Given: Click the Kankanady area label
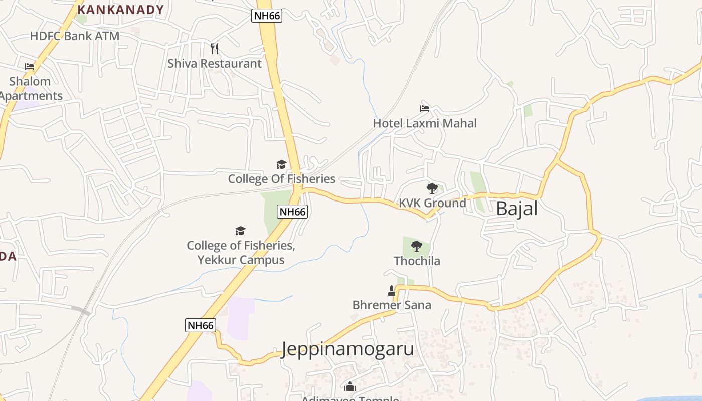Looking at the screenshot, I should (x=121, y=10).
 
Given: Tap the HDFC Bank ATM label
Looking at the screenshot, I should (x=75, y=36).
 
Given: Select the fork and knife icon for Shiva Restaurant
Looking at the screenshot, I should (x=215, y=49).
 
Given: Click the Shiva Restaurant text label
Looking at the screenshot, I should (x=215, y=64).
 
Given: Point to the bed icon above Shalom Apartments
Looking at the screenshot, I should (x=30, y=66).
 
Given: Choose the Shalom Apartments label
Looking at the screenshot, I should (x=30, y=89).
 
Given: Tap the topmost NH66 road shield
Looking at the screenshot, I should (x=267, y=16).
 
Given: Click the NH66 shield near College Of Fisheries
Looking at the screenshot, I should (x=292, y=212).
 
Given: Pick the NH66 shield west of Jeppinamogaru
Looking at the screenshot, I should (x=201, y=325).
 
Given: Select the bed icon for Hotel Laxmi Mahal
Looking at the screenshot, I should (x=425, y=108).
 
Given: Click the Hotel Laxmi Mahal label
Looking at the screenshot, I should (x=425, y=123).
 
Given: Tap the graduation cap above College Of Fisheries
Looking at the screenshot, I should (x=281, y=164).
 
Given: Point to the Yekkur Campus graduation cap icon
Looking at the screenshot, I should (x=241, y=231).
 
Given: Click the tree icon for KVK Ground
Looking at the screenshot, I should (x=432, y=188).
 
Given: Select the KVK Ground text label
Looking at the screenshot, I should (x=432, y=203).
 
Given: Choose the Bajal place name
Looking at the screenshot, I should (x=516, y=209).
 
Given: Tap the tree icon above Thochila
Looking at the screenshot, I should (x=416, y=246).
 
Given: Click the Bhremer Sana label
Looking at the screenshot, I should (x=392, y=305).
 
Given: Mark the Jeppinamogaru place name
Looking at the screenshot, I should (x=348, y=349).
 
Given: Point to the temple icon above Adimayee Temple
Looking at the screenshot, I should (x=350, y=386).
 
